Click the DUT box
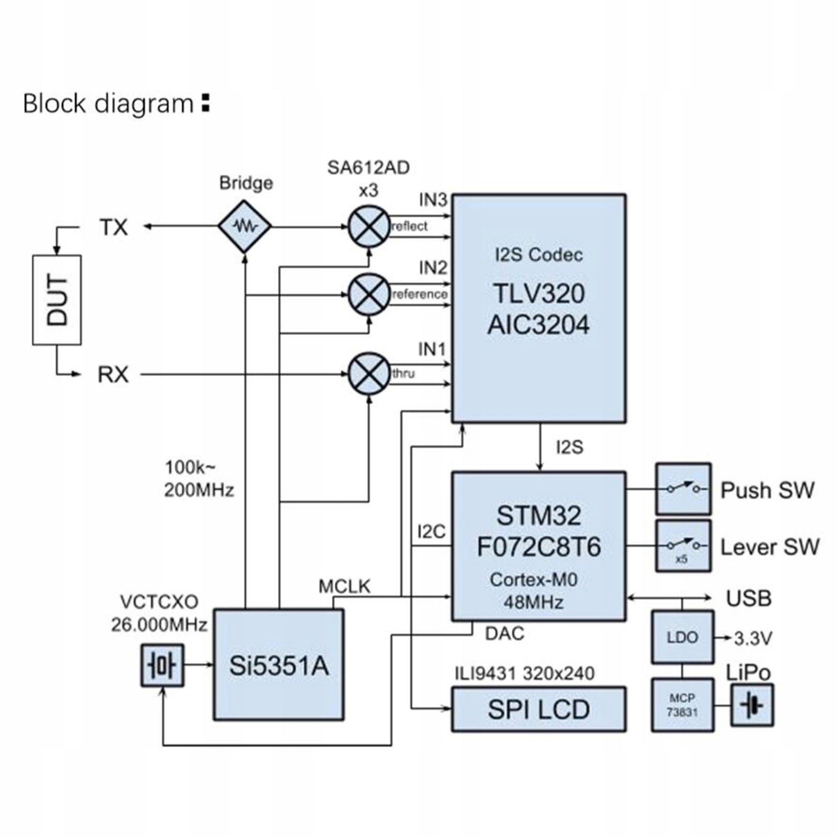pos(57,300)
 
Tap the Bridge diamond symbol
pos(245,226)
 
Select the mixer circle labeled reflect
pos(369,226)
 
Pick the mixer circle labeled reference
pos(369,294)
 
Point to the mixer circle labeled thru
pos(369,373)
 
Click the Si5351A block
pos(279,665)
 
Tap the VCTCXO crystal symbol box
pos(163,666)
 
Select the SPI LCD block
pos(538,709)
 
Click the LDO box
pos(682,637)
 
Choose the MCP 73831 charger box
pos(682,705)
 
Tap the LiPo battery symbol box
pos(752,705)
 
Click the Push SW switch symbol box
pos(683,489)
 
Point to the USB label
pos(749,598)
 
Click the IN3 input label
pos(433,200)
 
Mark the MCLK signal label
pos(345,587)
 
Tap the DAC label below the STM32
pos(505,634)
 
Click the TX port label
pos(113,227)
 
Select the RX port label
pos(113,374)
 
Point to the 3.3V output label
pos(753,638)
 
